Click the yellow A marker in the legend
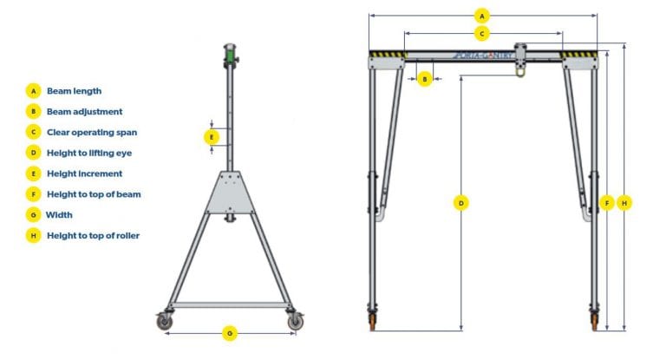(33, 90)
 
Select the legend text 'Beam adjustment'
(84, 111)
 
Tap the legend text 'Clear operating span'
(92, 132)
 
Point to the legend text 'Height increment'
(84, 173)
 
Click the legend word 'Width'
(60, 214)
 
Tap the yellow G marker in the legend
(33, 214)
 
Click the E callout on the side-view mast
(211, 137)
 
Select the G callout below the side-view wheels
(229, 333)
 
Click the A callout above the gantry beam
(483, 15)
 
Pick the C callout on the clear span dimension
(483, 34)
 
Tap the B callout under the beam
(424, 79)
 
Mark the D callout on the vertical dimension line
(461, 203)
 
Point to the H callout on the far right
(625, 203)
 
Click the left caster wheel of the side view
(164, 322)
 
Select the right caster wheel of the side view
(296, 322)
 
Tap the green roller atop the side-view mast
(231, 56)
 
